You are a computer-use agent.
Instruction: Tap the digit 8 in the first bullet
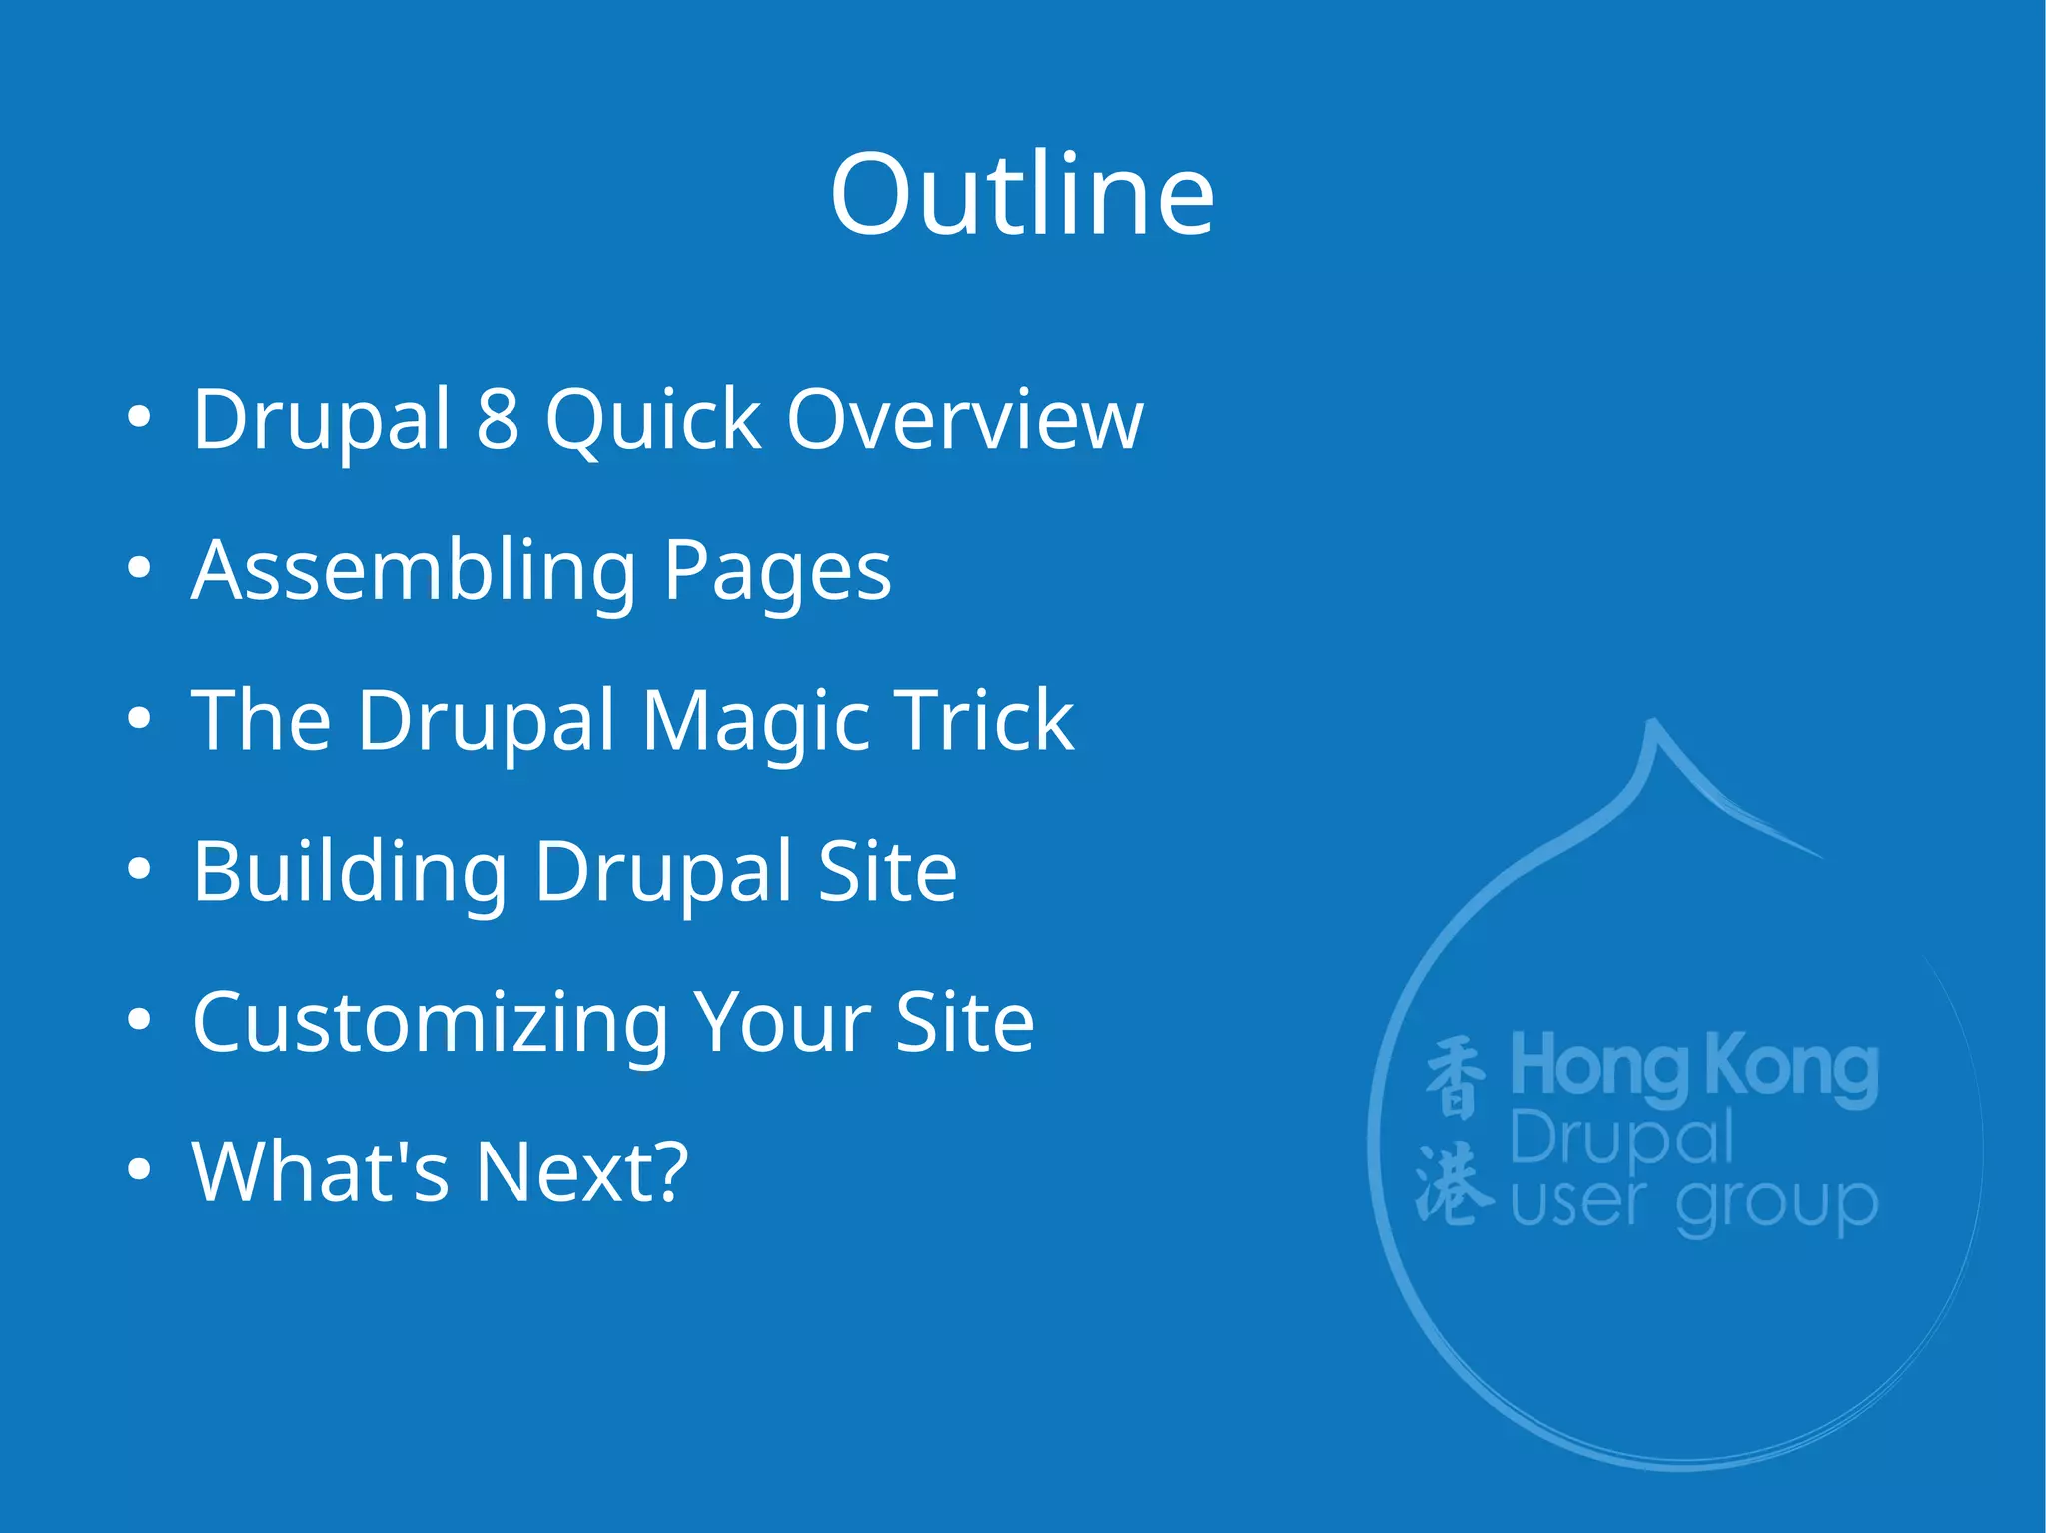tap(498, 419)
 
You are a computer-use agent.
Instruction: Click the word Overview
tap(964, 419)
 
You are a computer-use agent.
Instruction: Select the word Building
tap(349, 872)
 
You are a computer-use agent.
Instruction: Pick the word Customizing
tap(431, 1023)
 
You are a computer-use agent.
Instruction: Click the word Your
tap(781, 1023)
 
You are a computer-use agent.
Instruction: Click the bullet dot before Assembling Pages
tap(140, 569)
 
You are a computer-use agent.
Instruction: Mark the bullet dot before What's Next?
tap(140, 1169)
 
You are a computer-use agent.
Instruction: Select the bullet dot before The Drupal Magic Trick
tap(140, 719)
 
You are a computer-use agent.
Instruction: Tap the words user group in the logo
tap(1693, 1203)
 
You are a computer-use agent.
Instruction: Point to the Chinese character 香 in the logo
tap(1455, 1076)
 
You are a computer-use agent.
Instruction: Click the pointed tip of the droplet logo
tap(1652, 723)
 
